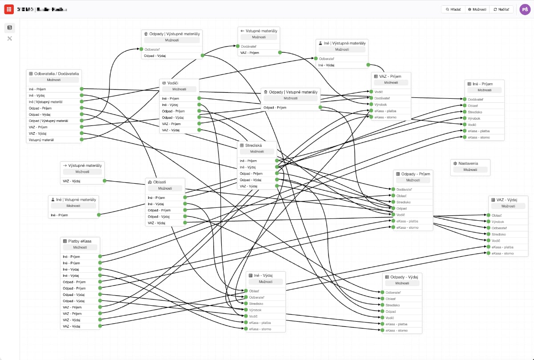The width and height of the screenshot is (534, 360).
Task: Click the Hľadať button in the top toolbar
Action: (453, 9)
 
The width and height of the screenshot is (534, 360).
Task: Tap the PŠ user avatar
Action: (525, 9)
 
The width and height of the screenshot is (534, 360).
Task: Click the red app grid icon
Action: (9, 9)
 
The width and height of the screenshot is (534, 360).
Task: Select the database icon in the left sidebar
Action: (10, 28)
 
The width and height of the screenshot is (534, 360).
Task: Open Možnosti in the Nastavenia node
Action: (470, 170)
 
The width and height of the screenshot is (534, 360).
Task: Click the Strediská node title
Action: (254, 145)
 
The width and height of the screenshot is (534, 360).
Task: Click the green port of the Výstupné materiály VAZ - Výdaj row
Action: (105, 181)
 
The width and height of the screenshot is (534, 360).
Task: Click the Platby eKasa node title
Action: (80, 241)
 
